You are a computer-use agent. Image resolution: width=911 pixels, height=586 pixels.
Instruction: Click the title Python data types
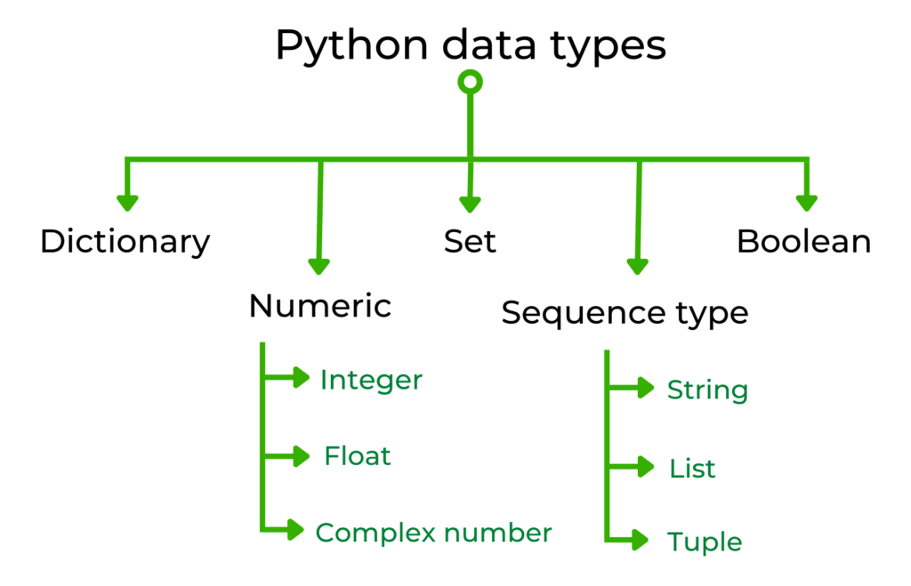point(470,44)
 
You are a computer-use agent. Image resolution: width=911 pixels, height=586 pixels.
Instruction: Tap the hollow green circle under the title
point(470,83)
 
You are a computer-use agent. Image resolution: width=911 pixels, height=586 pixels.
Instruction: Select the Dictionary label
point(125,242)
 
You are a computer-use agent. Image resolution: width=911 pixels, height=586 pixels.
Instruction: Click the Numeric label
point(320,306)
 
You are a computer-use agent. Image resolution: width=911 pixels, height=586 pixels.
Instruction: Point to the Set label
point(470,241)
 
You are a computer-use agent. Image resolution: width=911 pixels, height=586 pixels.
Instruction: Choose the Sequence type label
point(625,313)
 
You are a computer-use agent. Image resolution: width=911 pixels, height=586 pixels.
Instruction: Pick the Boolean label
point(804,241)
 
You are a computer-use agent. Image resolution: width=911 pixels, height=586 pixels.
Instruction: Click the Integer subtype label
point(371,381)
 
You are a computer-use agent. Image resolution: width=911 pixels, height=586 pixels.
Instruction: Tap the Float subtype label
point(358,456)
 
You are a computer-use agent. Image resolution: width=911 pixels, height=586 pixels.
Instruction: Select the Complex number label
point(433,533)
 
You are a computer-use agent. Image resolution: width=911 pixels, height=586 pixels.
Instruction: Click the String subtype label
point(707,389)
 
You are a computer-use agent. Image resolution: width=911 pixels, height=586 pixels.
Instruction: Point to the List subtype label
point(692,468)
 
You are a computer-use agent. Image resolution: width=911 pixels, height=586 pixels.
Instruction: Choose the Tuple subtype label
point(704,542)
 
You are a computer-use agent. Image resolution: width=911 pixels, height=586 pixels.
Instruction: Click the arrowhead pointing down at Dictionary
point(128,203)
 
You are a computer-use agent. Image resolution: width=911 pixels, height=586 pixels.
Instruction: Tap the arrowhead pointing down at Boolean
point(806,203)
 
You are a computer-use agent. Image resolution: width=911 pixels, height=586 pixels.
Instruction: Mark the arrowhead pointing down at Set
point(470,203)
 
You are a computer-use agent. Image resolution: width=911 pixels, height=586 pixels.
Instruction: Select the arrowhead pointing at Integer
point(300,378)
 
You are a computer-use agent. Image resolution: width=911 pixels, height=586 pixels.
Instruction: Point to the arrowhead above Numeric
point(319,264)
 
